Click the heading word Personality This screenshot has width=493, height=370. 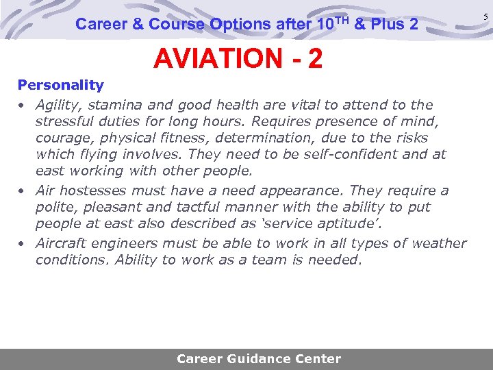click(60, 86)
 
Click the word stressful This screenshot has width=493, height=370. click(64, 122)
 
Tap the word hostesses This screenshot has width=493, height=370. click(94, 191)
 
